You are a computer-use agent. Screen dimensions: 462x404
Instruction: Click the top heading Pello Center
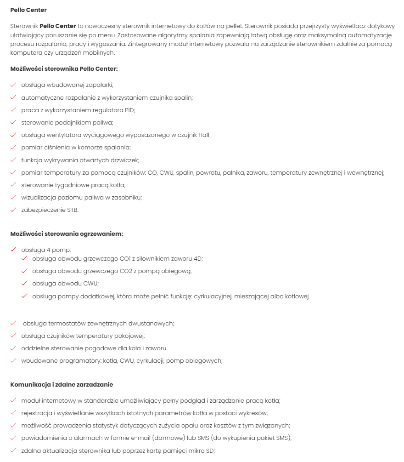28,10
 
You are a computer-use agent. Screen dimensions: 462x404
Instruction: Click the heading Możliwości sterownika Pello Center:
64,69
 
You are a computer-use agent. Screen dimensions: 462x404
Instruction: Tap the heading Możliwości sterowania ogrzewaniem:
67,234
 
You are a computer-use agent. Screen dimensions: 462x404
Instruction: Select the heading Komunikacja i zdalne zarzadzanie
62,384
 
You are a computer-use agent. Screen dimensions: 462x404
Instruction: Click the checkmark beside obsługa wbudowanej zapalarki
13,85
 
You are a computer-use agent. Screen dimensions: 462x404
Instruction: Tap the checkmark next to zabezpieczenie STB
13,210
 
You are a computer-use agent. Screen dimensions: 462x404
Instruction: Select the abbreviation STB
73,210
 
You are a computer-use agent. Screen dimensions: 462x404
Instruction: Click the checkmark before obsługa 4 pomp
13,250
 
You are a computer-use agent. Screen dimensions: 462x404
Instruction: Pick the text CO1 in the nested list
126,259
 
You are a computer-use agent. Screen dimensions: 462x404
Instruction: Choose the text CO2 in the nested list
126,271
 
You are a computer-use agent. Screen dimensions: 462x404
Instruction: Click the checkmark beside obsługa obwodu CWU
24,284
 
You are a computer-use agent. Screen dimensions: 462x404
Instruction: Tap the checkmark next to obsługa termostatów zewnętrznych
13,323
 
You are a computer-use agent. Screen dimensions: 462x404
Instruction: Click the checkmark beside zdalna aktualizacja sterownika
13,451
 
